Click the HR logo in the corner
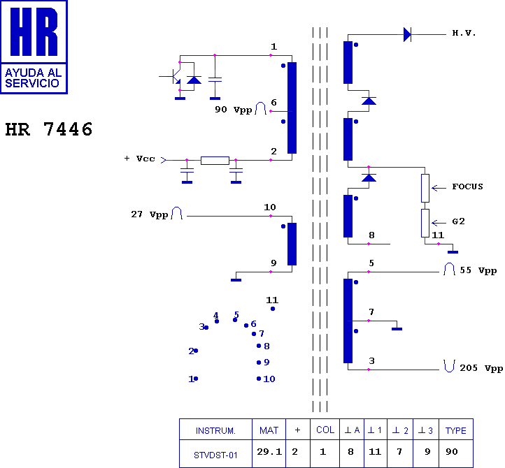coord(34,46)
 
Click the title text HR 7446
coord(49,130)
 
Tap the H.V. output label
coord(464,34)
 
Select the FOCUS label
coord(467,187)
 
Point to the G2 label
coord(459,221)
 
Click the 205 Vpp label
coord(481,368)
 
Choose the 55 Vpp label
coord(478,270)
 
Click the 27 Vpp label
coord(150,214)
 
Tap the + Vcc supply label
coord(140,159)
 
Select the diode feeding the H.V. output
coord(407,34)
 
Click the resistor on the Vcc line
coord(215,160)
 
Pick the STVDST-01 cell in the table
coord(215,455)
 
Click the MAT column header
coord(269,430)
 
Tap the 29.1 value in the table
coord(269,453)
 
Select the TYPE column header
coord(456,430)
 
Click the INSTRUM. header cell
coord(215,430)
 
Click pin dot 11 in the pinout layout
coord(273,309)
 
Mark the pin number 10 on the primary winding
coord(270,207)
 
